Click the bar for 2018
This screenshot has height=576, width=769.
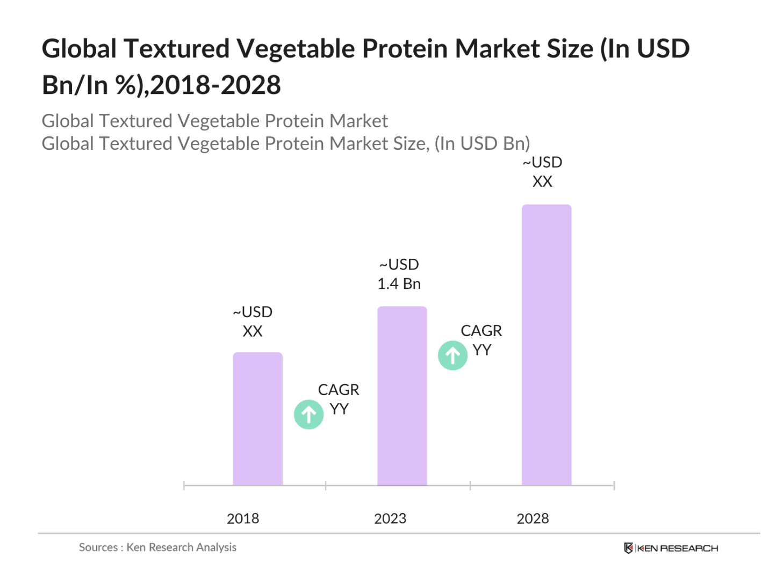pyautogui.click(x=257, y=419)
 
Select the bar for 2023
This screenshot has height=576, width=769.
pyautogui.click(x=402, y=396)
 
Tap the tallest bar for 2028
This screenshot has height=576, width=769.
pyautogui.click(x=547, y=345)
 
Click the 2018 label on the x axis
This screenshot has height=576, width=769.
pyautogui.click(x=243, y=519)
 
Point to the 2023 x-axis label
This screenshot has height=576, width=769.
pyautogui.click(x=390, y=519)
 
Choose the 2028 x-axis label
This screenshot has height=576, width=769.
pyautogui.click(x=533, y=519)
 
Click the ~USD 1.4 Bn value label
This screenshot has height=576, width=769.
pyautogui.click(x=399, y=274)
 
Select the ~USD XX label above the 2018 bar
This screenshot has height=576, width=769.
pyautogui.click(x=253, y=322)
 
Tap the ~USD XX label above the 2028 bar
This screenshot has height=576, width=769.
pyautogui.click(x=542, y=172)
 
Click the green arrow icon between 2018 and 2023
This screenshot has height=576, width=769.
pyautogui.click(x=308, y=414)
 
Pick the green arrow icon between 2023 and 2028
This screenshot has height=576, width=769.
pyautogui.click(x=452, y=355)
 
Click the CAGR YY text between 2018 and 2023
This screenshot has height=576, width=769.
pyautogui.click(x=339, y=399)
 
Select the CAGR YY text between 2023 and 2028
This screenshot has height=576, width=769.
pyautogui.click(x=481, y=340)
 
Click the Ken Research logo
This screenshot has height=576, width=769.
pyautogui.click(x=671, y=548)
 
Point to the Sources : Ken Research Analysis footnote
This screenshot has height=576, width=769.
pyautogui.click(x=157, y=547)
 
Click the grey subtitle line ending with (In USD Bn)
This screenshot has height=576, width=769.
pyautogui.click(x=286, y=143)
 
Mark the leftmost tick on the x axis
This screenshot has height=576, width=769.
pyautogui.click(x=184, y=486)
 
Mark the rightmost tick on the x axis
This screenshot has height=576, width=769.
pyautogui.click(x=614, y=486)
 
